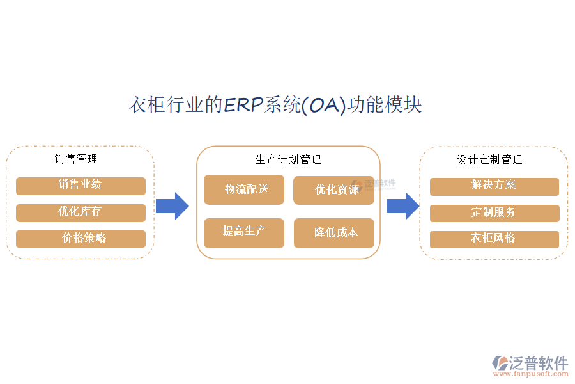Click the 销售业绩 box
coord(80,186)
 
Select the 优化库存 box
coord(80,212)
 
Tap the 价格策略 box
coord(80,239)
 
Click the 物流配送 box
coord(244,189)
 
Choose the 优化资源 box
coord(333,190)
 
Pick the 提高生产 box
coord(244,232)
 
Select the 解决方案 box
coord(494,186)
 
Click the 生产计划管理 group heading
coord(288,159)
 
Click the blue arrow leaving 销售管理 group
coord(172,205)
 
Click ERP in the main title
coord(243,105)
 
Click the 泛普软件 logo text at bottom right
coord(538,363)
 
